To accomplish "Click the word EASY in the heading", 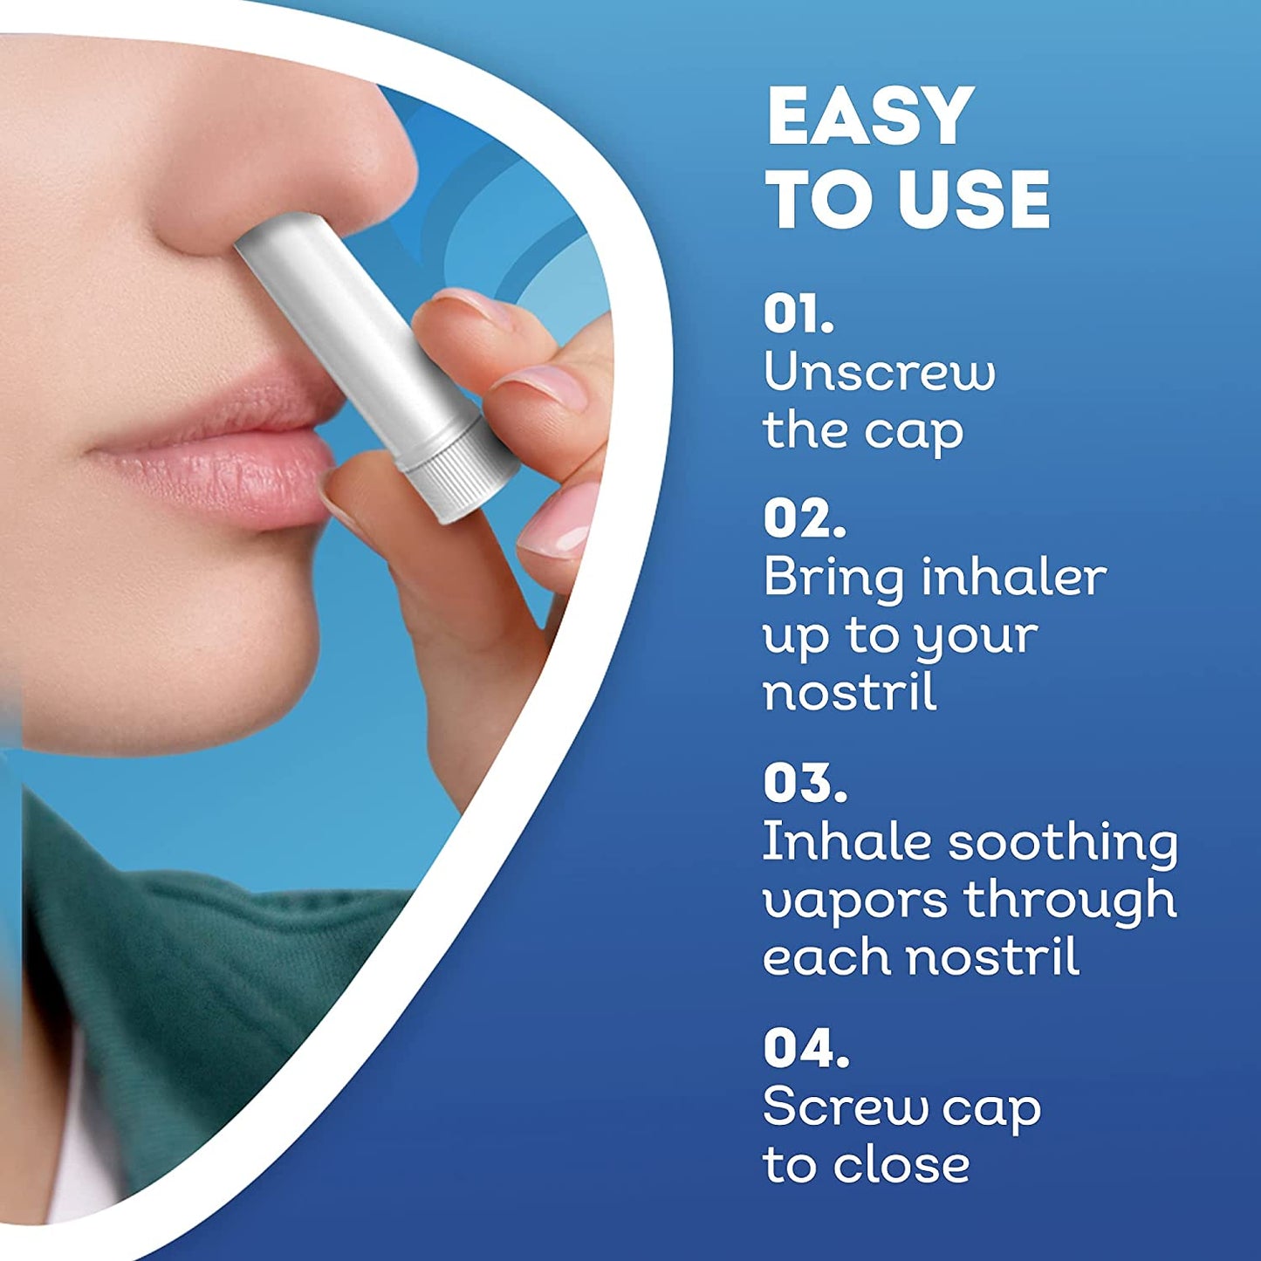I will coord(869,117).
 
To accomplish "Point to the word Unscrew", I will coord(879,373).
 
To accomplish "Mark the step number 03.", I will coord(805,783).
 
